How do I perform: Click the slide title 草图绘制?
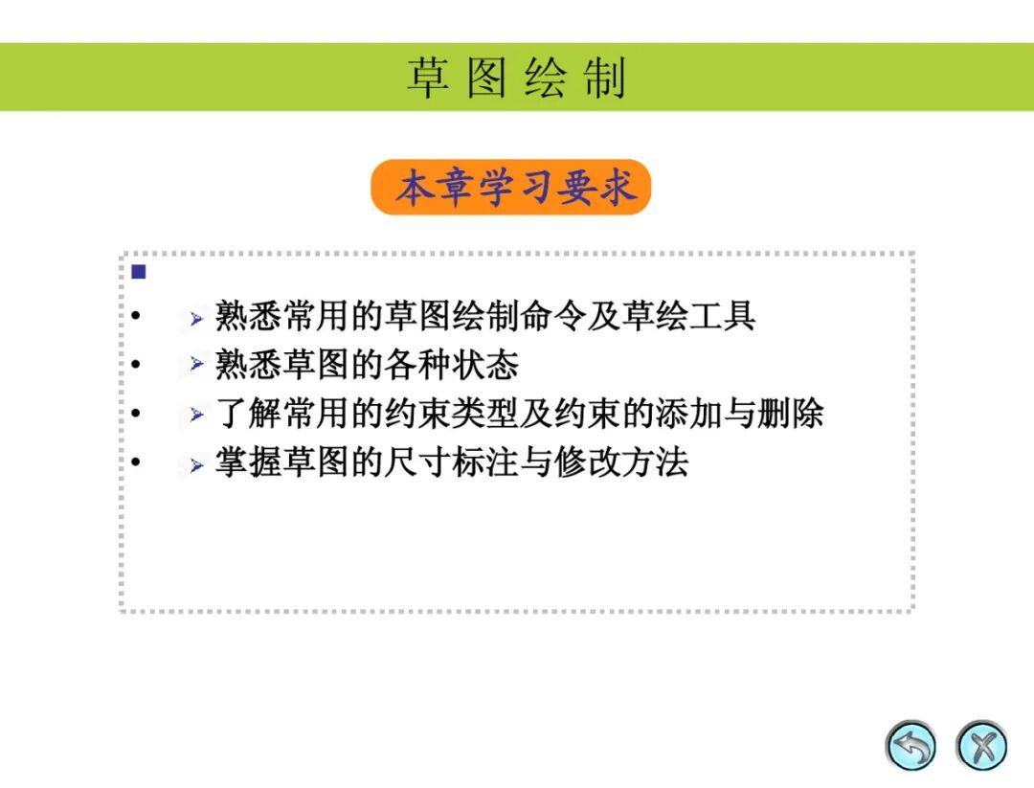[x=516, y=78]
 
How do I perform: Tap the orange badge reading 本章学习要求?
[x=511, y=187]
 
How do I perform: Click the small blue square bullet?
[x=139, y=272]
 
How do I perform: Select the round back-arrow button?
[x=910, y=746]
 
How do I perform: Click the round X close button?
[x=981, y=746]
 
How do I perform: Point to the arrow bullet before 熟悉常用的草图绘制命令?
[x=196, y=319]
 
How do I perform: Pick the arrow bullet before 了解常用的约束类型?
[x=196, y=415]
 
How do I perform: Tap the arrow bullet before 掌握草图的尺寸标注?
[x=196, y=465]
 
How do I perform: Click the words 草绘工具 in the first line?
[x=688, y=315]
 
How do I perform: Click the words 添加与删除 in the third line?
[x=739, y=414]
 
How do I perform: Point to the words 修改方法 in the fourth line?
[x=621, y=462]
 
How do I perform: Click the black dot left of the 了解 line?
[x=136, y=413]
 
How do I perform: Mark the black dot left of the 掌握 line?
[x=136, y=462]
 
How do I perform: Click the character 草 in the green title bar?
[x=428, y=78]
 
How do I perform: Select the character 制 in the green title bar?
[x=605, y=78]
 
